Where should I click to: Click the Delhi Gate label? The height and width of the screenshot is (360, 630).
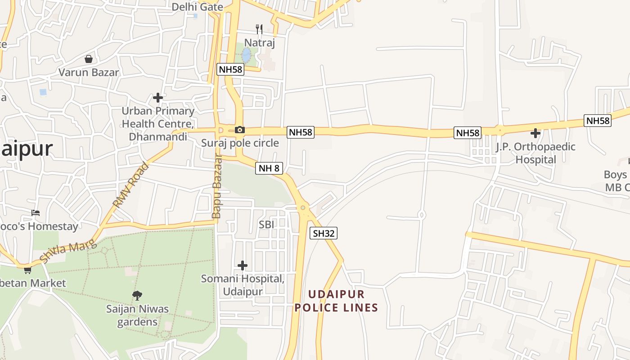197,7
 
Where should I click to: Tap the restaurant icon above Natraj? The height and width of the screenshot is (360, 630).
259,29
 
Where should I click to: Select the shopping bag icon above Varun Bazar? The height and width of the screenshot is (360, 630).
89,59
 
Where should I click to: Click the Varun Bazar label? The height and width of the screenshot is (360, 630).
89,72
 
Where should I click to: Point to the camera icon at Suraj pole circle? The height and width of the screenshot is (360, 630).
240,130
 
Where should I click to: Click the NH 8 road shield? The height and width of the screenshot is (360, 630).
269,169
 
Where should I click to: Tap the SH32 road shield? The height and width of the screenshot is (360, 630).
324,233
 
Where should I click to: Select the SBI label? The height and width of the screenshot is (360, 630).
266,224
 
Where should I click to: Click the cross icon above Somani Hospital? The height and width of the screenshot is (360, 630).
243,265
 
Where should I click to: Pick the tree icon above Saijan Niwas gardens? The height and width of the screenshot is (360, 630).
137,295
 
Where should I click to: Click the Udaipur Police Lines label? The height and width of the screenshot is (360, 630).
336,301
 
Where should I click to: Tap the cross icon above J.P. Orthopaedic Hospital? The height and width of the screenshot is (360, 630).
535,133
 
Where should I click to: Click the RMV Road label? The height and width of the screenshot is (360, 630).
130,185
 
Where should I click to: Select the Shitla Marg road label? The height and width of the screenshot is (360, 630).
68,252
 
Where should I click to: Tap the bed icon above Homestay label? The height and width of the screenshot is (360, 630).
36,212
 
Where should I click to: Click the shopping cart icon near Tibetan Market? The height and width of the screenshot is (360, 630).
27,270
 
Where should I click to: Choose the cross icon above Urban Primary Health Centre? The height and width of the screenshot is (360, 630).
157,97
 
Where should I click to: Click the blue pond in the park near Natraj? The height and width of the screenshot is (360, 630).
246,55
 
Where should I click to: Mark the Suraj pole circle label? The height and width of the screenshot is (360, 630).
240,144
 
